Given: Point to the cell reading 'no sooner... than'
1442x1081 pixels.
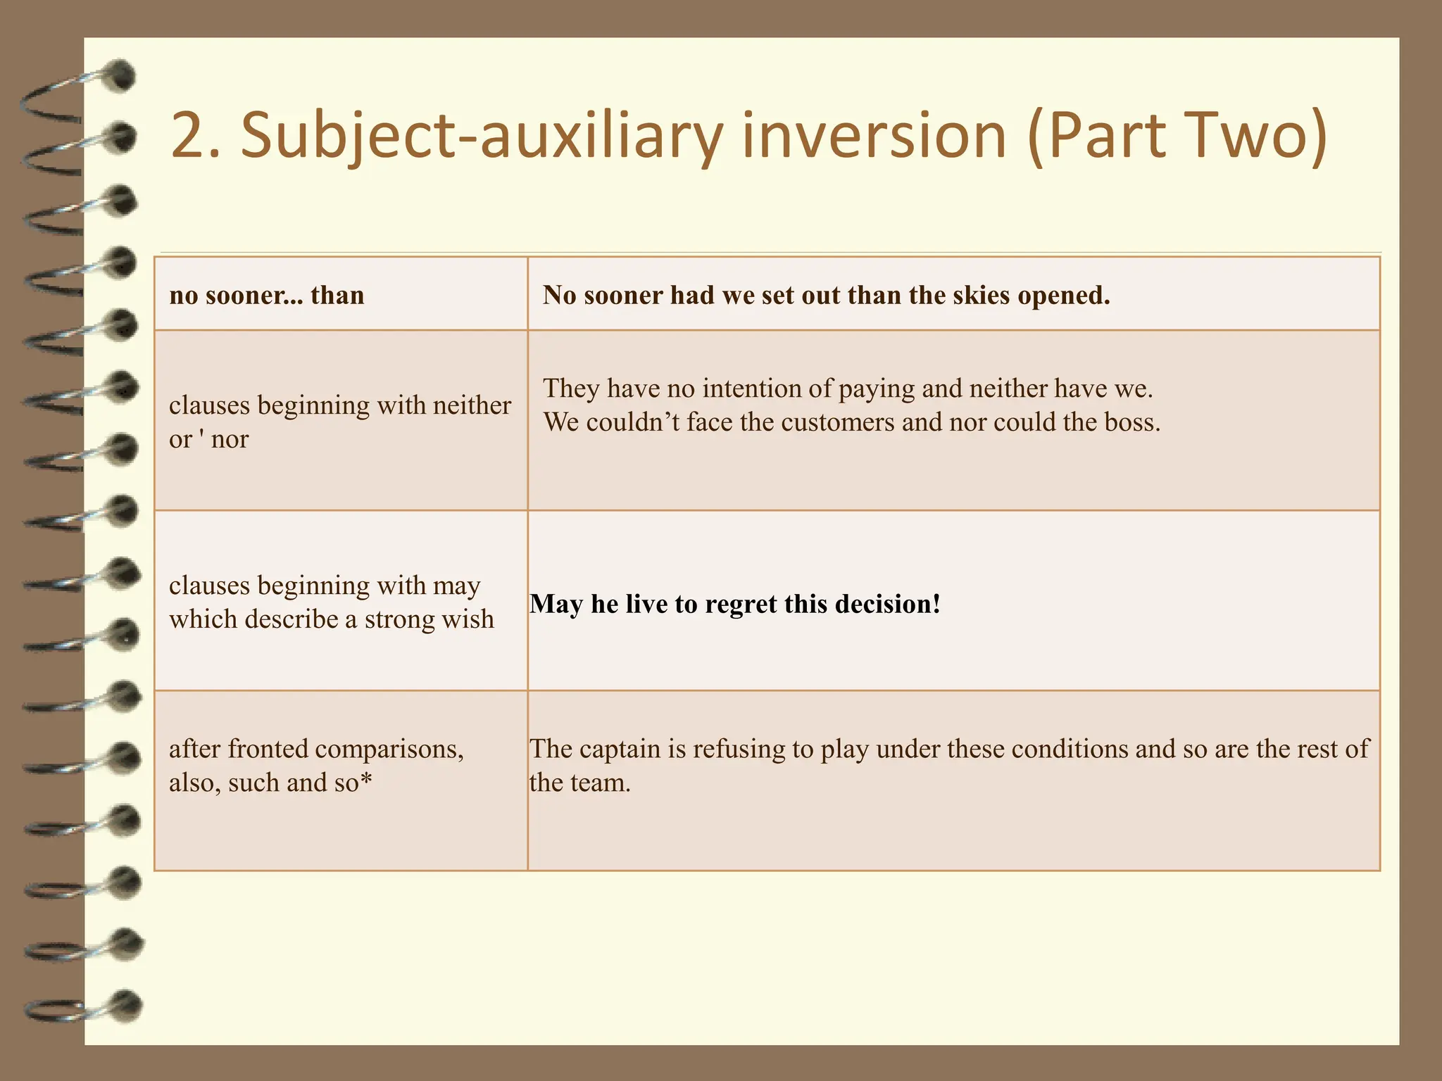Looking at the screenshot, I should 267,295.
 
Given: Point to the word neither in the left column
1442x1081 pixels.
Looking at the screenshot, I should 472,405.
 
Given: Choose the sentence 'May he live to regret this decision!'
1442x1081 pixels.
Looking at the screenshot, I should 735,604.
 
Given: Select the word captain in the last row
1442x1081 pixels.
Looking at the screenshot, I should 622,749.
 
